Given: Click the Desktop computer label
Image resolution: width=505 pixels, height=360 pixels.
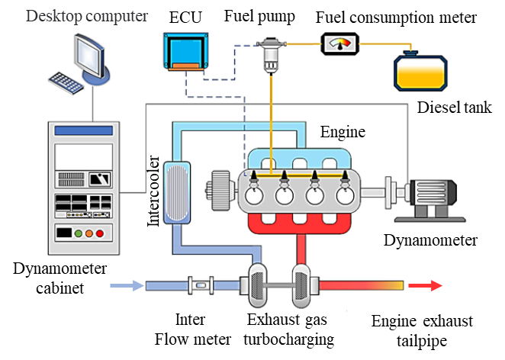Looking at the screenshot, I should coord(87,16).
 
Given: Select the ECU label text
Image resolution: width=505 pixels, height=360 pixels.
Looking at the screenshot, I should coord(186,16).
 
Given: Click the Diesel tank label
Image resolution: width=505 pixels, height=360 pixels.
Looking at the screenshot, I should coord(454,107).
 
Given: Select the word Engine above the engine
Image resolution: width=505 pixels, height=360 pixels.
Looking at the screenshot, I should coord(343,132).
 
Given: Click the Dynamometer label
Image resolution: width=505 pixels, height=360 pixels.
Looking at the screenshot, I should coord(431,240).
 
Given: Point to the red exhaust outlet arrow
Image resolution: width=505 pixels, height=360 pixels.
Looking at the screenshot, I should coord(425,285).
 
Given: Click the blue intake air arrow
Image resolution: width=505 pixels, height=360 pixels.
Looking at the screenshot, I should coord(126,286).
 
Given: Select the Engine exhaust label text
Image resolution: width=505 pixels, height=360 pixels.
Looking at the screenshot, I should coord(422,321).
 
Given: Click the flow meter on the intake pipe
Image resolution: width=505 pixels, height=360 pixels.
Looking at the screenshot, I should coord(200,286).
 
